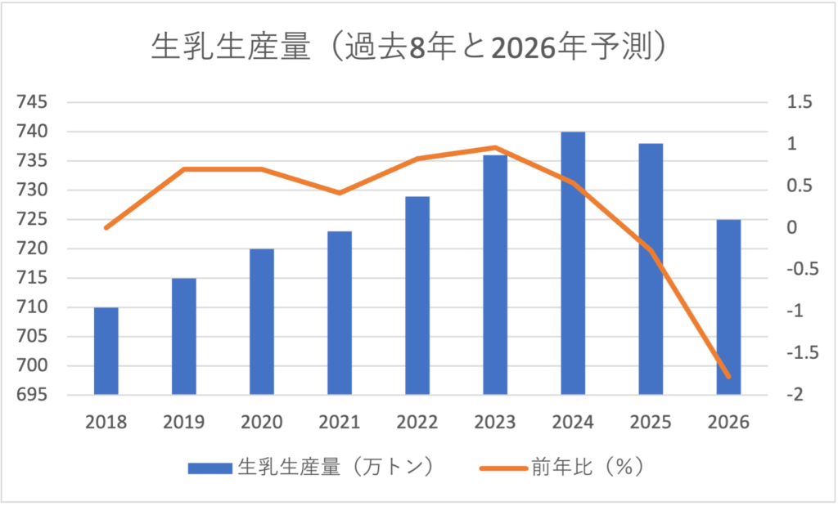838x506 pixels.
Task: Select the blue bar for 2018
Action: coord(106,352)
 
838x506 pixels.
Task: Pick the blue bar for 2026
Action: coord(728,307)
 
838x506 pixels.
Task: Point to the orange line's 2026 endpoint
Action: coord(728,377)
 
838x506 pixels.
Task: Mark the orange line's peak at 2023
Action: coord(495,148)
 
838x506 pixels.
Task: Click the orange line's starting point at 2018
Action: coord(106,227)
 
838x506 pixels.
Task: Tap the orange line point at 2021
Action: coord(340,193)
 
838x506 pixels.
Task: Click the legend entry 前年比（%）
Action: coord(565,468)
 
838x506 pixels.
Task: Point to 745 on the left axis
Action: coord(32,102)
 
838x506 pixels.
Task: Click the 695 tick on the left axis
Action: coord(32,395)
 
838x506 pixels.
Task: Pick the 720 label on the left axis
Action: coord(32,249)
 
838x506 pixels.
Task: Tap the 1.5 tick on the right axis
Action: coord(799,102)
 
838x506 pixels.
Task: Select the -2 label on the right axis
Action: coord(795,395)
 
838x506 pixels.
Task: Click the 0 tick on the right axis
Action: coord(791,227)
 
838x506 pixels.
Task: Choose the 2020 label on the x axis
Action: coord(262,423)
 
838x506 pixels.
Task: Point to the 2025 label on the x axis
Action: coord(651,423)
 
